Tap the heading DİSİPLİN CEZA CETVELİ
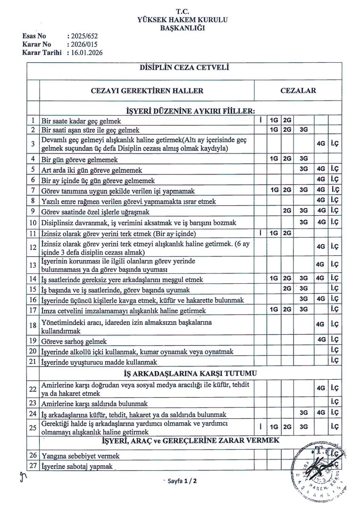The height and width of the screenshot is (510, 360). tap(184, 68)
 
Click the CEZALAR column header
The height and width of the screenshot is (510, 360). tap(298, 91)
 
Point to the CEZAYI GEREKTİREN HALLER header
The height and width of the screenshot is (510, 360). tap(147, 91)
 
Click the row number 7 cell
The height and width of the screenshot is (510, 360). tap(33, 190)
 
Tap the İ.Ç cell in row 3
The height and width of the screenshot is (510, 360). tap(335, 143)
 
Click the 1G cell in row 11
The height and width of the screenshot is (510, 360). tap(273, 233)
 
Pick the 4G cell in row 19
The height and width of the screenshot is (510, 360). tap(321, 340)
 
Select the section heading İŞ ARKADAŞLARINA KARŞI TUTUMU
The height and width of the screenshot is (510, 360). tap(184, 374)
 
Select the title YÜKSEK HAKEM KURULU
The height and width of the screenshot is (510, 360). tap(182, 20)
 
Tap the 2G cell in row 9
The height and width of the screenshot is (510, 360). tap(286, 211)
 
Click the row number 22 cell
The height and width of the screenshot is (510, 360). tap(33, 389)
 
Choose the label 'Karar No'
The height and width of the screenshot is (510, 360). tap(36, 44)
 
